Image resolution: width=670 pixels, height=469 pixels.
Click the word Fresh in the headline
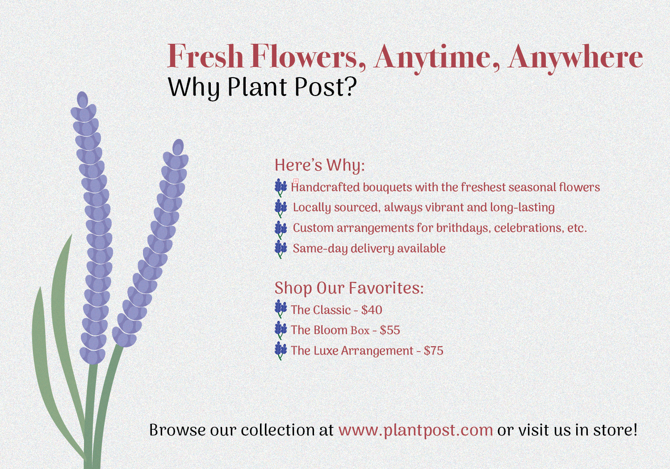point(205,56)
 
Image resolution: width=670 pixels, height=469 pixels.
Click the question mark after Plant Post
point(351,86)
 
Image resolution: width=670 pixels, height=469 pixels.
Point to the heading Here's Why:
point(320,165)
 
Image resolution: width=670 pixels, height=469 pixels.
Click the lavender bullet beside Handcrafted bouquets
point(281,188)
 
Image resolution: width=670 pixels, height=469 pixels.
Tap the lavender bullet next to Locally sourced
point(281,209)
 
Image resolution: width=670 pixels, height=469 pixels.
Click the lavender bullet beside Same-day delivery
point(281,249)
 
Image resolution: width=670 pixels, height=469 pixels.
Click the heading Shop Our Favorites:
point(349,288)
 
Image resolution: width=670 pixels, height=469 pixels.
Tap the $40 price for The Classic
point(372,310)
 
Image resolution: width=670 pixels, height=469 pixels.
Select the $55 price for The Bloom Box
point(390,330)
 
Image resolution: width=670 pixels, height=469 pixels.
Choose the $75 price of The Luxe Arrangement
point(433,351)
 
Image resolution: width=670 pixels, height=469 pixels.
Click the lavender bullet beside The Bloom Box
point(281,330)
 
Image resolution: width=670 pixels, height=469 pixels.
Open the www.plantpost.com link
point(415,431)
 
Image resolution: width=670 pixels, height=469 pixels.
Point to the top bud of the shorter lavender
point(178,147)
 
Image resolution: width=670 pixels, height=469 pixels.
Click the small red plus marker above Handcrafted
point(296,181)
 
